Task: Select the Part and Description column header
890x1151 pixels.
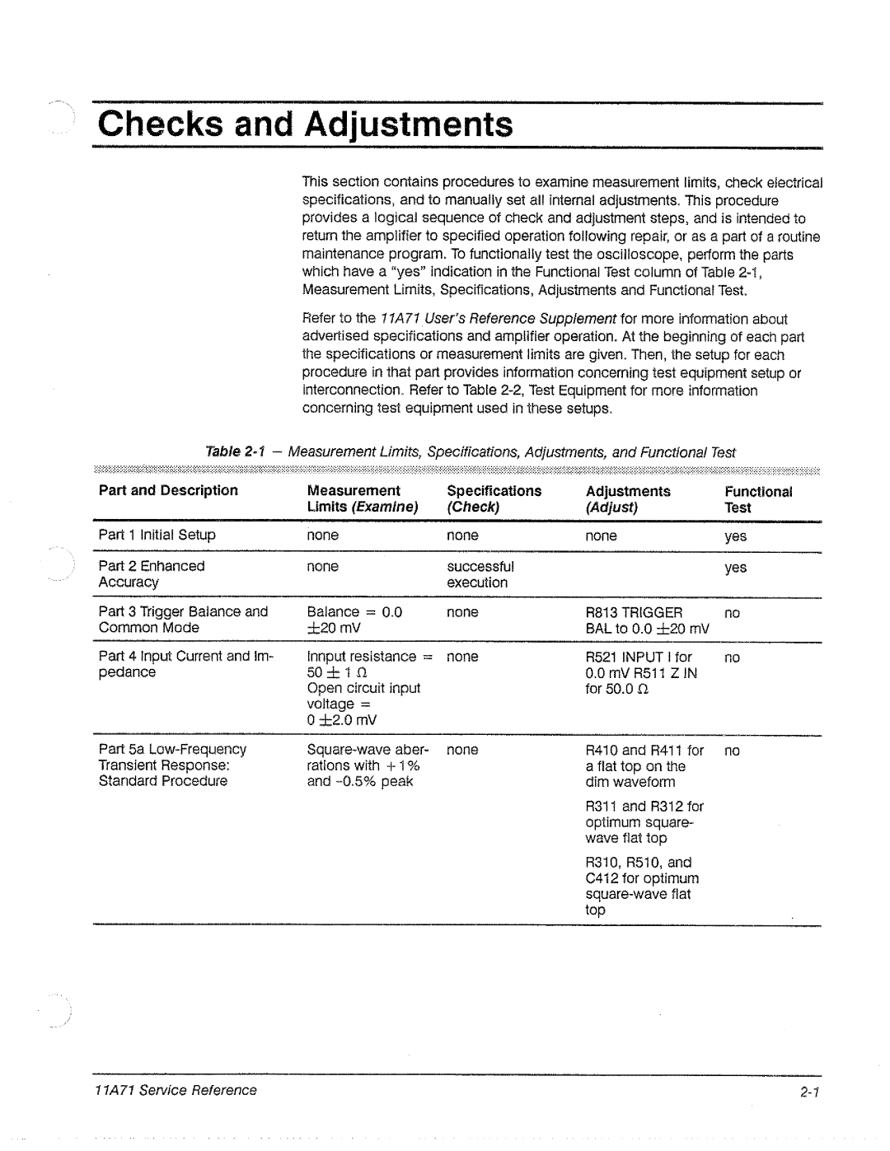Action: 168,491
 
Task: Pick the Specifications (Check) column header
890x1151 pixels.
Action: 494,499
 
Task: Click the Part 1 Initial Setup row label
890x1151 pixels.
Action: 157,535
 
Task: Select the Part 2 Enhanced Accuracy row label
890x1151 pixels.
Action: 152,574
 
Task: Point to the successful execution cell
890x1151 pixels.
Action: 480,574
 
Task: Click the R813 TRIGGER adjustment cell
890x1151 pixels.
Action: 646,620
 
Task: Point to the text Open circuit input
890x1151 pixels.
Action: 363,688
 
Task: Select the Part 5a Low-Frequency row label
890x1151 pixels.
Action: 172,765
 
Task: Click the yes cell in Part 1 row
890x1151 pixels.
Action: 735,536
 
